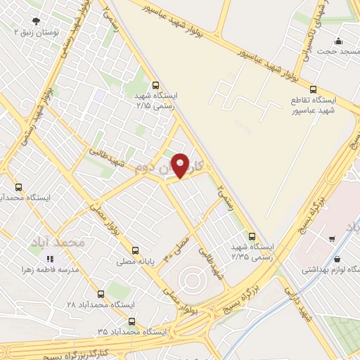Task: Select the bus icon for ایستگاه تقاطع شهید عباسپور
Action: pos(314,89)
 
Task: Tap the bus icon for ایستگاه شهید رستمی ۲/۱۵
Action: pos(155,84)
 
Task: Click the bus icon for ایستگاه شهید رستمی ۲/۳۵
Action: pos(252,236)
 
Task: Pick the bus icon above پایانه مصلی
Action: pos(136,250)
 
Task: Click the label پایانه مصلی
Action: pos(136,261)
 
